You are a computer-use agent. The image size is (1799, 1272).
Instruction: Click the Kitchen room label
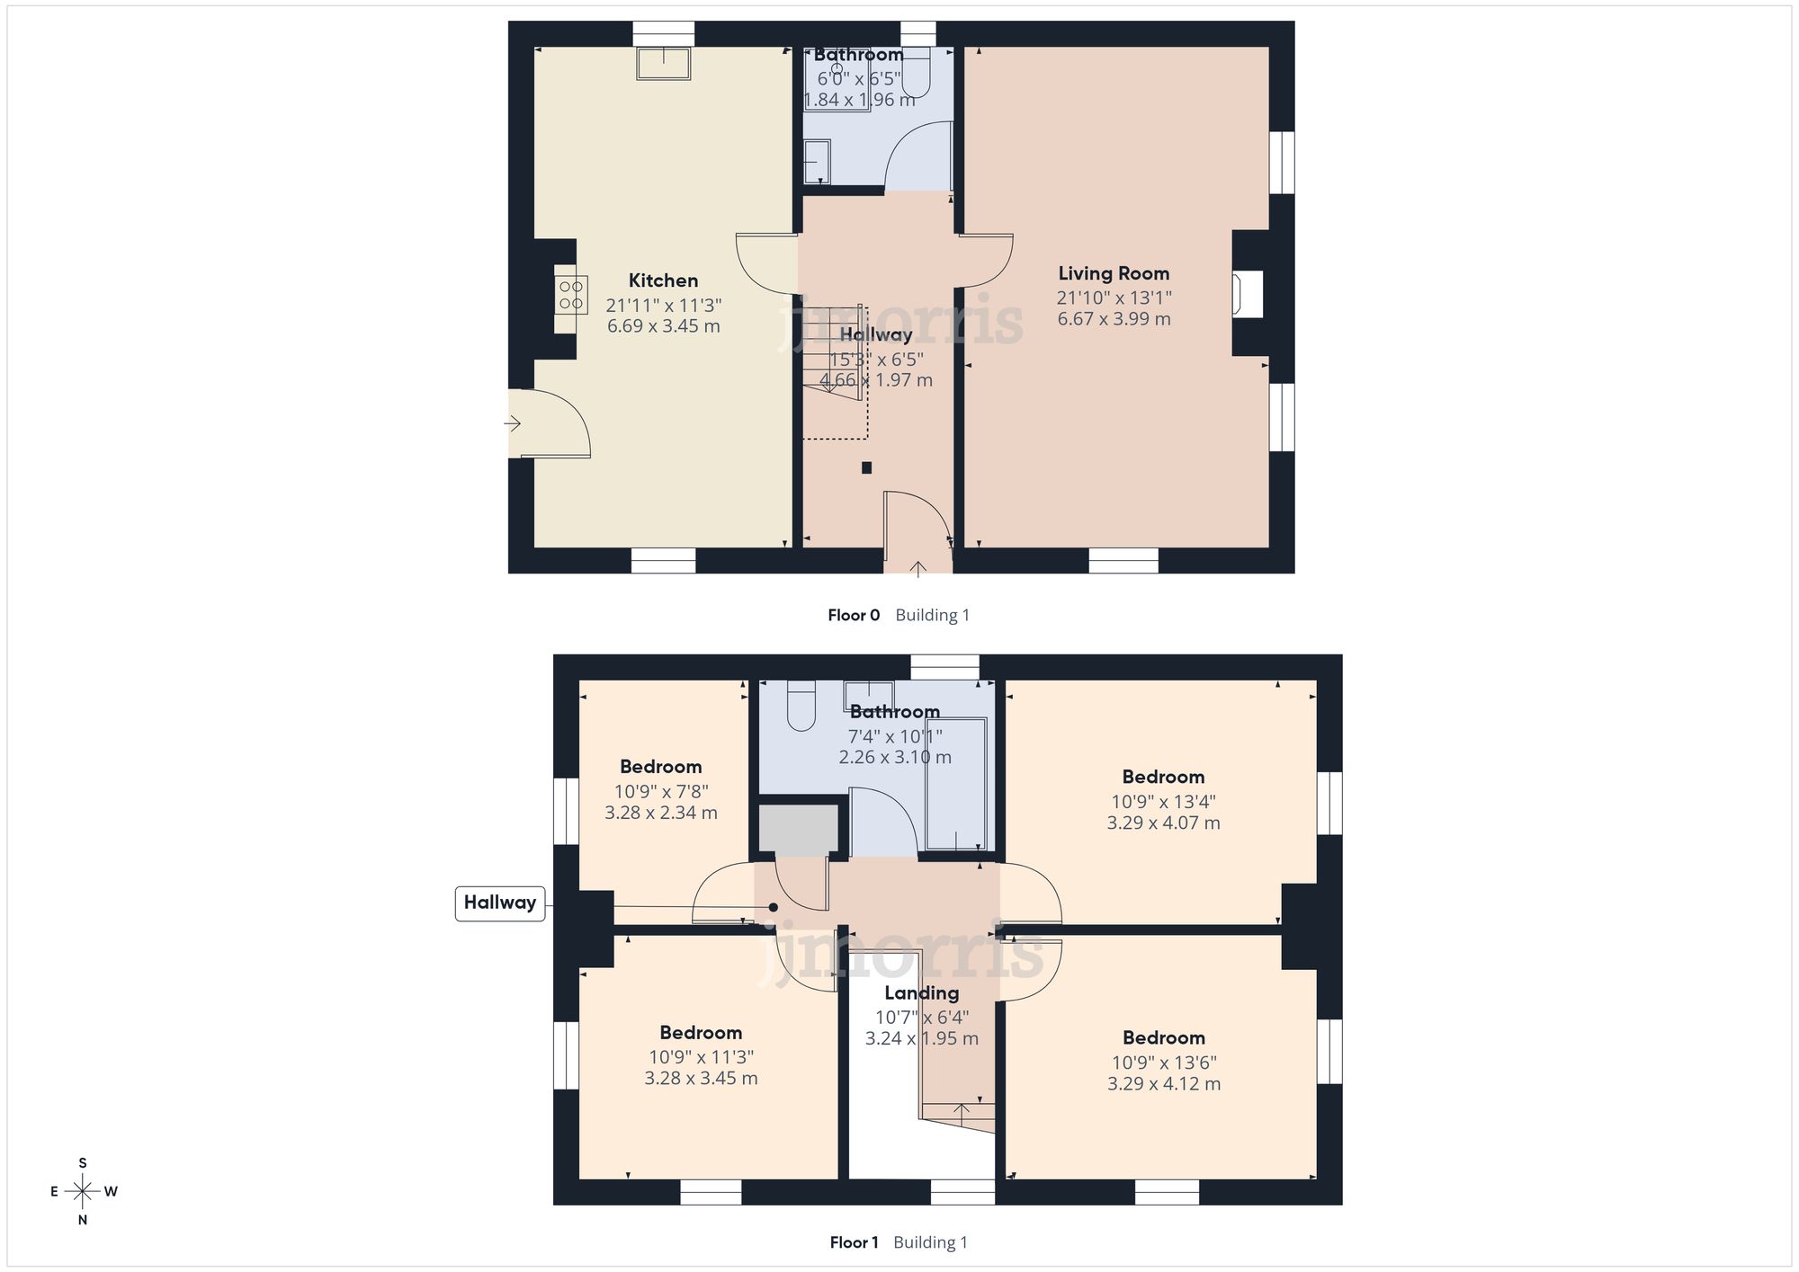pyautogui.click(x=663, y=280)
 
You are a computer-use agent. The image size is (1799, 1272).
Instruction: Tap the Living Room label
pyautogui.click(x=1114, y=273)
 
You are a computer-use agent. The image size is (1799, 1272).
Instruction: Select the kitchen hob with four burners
pyautogui.click(x=571, y=295)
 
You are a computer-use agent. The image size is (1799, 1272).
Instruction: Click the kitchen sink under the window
pyautogui.click(x=664, y=64)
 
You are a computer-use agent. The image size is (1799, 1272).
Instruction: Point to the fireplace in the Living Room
pyautogui.click(x=1249, y=294)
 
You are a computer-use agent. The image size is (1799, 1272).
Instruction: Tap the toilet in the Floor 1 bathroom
pyautogui.click(x=801, y=706)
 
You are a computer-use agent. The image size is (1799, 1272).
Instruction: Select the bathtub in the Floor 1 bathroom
pyautogui.click(x=956, y=784)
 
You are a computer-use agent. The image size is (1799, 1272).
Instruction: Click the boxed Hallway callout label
pyautogui.click(x=500, y=903)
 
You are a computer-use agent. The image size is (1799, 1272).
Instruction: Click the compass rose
pyautogui.click(x=83, y=1192)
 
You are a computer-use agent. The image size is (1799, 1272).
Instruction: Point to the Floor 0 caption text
pyautogui.click(x=854, y=615)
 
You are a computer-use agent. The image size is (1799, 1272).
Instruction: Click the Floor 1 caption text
pyautogui.click(x=854, y=1242)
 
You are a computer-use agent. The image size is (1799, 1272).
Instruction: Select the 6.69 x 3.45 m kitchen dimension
pyautogui.click(x=663, y=326)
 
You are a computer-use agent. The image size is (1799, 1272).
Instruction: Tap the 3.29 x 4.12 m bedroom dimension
pyautogui.click(x=1164, y=1084)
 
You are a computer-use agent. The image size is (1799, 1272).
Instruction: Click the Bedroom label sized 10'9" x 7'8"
pyautogui.click(x=660, y=767)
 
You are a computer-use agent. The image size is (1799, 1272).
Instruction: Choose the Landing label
pyautogui.click(x=921, y=993)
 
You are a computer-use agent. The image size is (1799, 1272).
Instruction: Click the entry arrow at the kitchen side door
pyautogui.click(x=514, y=423)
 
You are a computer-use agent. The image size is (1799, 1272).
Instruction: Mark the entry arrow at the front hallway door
pyautogui.click(x=917, y=568)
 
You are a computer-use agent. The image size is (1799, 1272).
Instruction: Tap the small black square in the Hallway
pyautogui.click(x=866, y=467)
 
